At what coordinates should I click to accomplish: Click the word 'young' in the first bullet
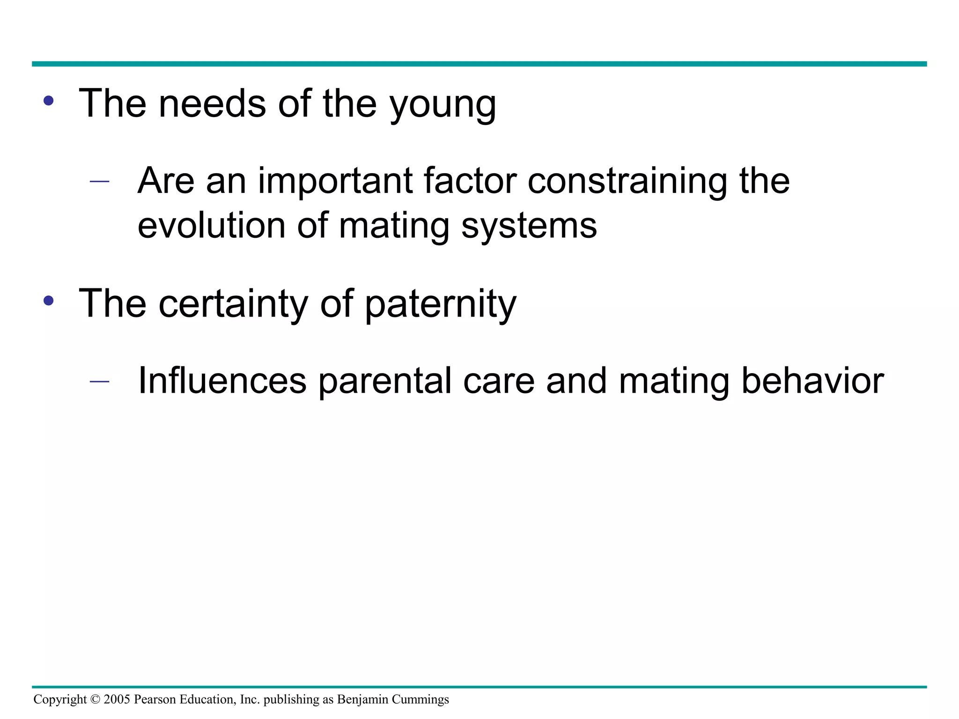click(443, 105)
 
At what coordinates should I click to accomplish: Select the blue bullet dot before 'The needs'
click(48, 101)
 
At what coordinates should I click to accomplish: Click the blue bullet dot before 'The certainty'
click(48, 301)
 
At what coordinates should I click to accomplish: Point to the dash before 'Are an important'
click(99, 182)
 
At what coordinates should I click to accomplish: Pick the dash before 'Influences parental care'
click(99, 382)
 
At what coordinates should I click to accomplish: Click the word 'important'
click(334, 182)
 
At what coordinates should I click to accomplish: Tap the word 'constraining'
click(627, 182)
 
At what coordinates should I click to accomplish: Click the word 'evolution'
click(211, 226)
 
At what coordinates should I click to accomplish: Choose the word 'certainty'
click(233, 304)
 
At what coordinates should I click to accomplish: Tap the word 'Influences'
click(222, 381)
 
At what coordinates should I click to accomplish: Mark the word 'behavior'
click(812, 381)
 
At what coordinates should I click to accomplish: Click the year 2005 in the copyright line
click(117, 699)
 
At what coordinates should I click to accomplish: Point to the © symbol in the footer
click(95, 699)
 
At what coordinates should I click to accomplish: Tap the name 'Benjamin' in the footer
click(362, 700)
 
